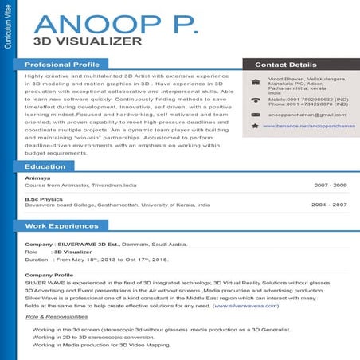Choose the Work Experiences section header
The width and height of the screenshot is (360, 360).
click(x=61, y=226)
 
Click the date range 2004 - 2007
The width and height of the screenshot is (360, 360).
click(x=330, y=205)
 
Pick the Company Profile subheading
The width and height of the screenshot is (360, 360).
click(x=49, y=275)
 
